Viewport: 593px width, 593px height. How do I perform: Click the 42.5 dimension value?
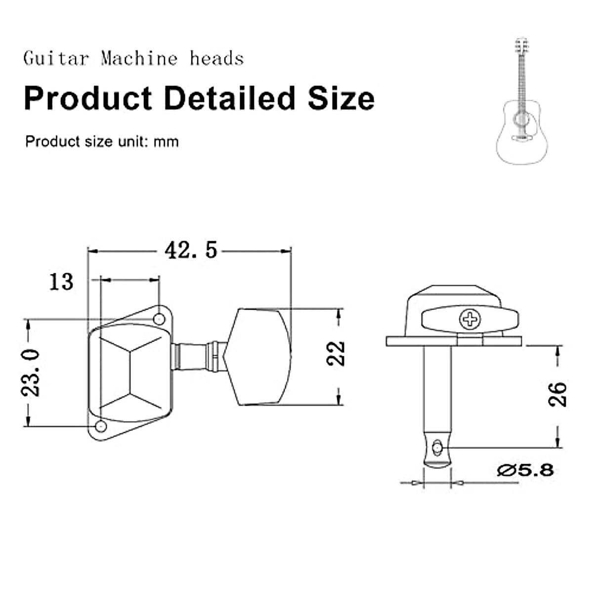(191, 250)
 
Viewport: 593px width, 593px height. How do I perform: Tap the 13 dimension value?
(61, 282)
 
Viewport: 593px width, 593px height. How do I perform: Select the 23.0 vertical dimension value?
(30, 373)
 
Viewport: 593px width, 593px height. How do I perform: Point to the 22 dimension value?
(336, 353)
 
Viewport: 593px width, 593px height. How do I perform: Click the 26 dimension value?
(557, 394)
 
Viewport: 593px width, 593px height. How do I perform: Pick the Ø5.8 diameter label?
(525, 470)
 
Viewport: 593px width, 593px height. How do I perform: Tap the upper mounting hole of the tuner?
(159, 319)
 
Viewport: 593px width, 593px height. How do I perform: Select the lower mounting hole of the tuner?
(101, 427)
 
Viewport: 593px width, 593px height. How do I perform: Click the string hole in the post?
(436, 447)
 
